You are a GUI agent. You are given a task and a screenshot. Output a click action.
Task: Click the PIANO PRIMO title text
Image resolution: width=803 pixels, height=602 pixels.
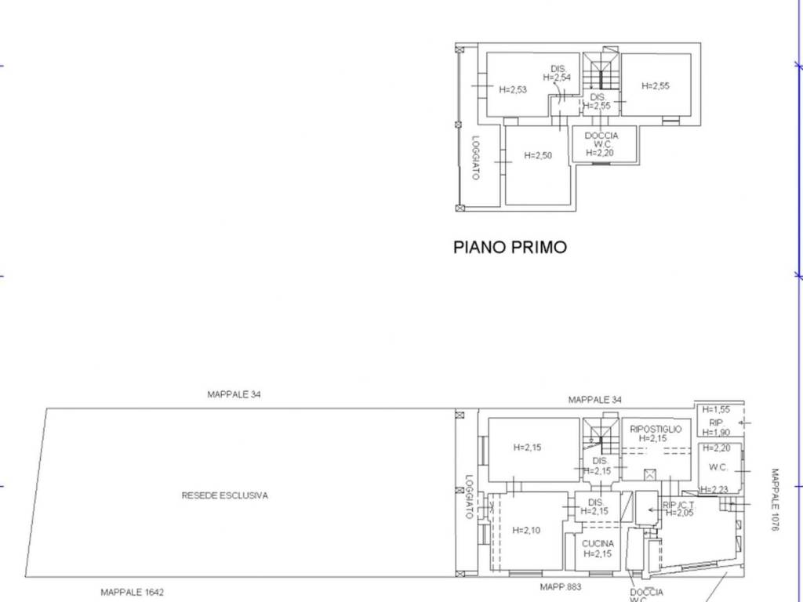coord(510,248)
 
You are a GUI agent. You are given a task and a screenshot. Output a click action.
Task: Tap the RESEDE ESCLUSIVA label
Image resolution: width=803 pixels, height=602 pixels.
coord(224,495)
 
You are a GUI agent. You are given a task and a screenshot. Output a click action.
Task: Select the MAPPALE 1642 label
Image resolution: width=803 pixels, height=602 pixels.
coord(132,593)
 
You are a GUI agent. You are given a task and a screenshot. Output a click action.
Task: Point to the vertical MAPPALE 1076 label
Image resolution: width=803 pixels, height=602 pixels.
coord(775,500)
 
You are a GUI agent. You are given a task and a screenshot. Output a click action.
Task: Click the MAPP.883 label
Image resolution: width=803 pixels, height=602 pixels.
coord(561,586)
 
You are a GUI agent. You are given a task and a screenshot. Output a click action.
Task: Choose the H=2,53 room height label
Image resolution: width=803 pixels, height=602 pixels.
coord(513,89)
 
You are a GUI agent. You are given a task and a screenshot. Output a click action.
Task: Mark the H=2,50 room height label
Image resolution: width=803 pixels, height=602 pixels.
coord(538,155)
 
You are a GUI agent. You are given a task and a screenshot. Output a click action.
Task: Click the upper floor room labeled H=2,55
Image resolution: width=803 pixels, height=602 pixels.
coord(656,86)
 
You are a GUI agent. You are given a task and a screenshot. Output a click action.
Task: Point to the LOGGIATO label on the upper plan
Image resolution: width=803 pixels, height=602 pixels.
coord(475,158)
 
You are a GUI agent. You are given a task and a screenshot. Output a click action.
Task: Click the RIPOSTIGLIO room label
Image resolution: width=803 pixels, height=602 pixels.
coord(656,430)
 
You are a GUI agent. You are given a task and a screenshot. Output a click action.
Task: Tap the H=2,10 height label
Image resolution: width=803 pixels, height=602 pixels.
coord(527,531)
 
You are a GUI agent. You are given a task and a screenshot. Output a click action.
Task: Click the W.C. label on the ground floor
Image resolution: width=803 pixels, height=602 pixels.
coord(718,468)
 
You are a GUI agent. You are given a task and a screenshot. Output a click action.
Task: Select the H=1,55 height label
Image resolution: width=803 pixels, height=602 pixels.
coord(716,409)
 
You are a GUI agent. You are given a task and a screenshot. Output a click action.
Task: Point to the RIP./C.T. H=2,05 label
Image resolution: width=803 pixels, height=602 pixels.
coord(678,508)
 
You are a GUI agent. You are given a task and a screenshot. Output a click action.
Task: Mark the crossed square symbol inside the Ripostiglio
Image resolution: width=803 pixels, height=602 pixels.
coord(649,473)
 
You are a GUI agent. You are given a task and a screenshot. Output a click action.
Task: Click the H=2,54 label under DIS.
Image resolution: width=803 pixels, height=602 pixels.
coord(560,77)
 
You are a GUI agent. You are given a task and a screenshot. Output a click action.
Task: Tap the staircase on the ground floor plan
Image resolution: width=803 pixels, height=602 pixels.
coord(601,436)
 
